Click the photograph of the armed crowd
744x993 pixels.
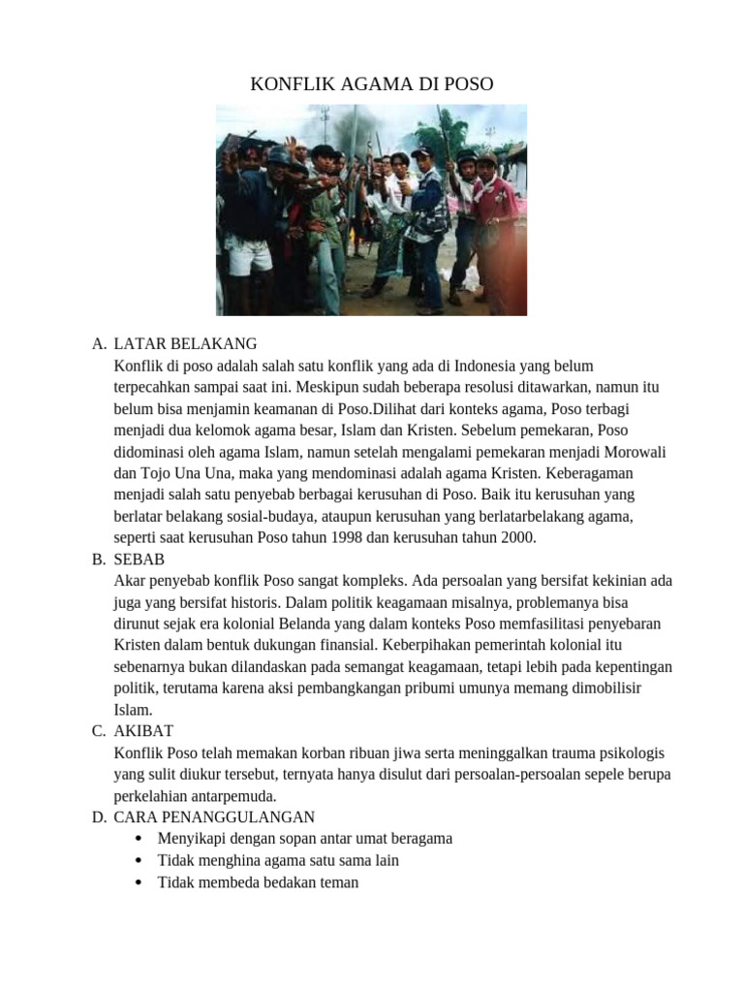coord(371,209)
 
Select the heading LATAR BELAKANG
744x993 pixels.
coord(185,343)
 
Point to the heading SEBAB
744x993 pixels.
coord(139,560)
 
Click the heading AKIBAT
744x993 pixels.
coord(143,730)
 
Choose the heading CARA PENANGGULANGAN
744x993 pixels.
coord(214,817)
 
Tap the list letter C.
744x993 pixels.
coord(98,730)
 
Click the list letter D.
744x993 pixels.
coord(99,817)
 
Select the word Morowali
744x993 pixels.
coord(634,452)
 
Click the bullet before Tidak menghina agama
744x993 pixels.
coord(141,860)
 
